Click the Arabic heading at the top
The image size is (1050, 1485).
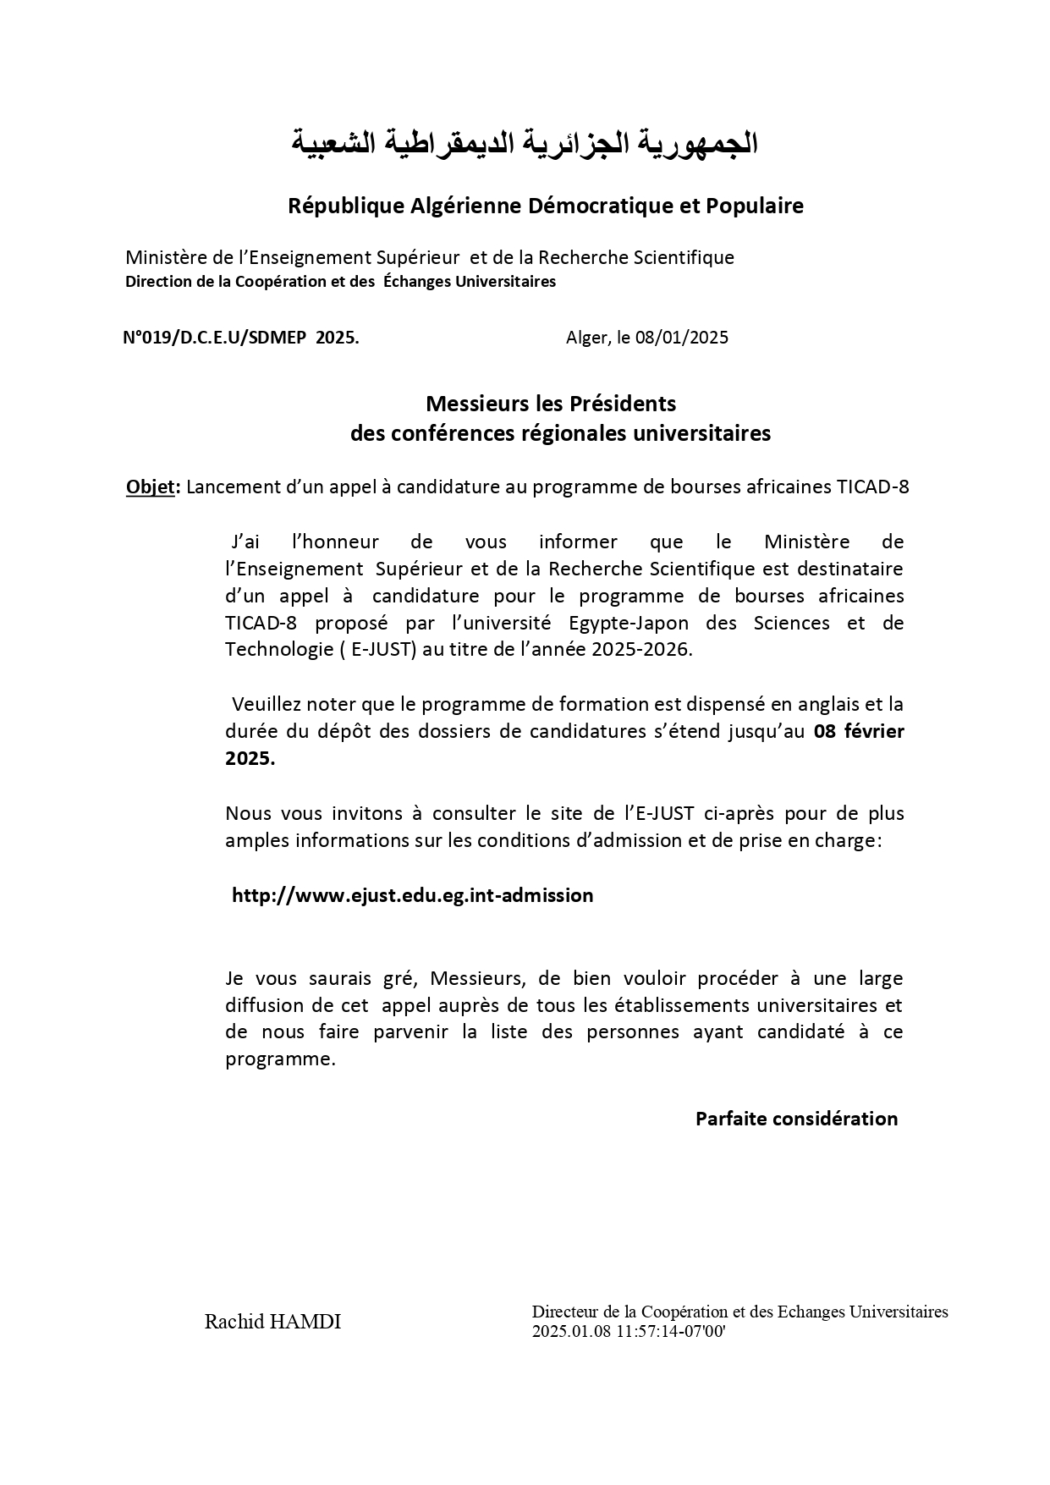525,144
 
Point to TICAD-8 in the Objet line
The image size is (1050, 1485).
872,487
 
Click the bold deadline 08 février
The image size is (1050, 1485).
859,731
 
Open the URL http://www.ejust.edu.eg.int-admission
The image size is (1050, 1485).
413,895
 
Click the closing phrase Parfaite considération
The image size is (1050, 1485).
796,1119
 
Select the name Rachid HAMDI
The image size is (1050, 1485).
272,1322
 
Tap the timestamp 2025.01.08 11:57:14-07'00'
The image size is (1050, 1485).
629,1332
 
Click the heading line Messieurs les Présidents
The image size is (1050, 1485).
551,403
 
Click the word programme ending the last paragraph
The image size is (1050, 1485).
279,1059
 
